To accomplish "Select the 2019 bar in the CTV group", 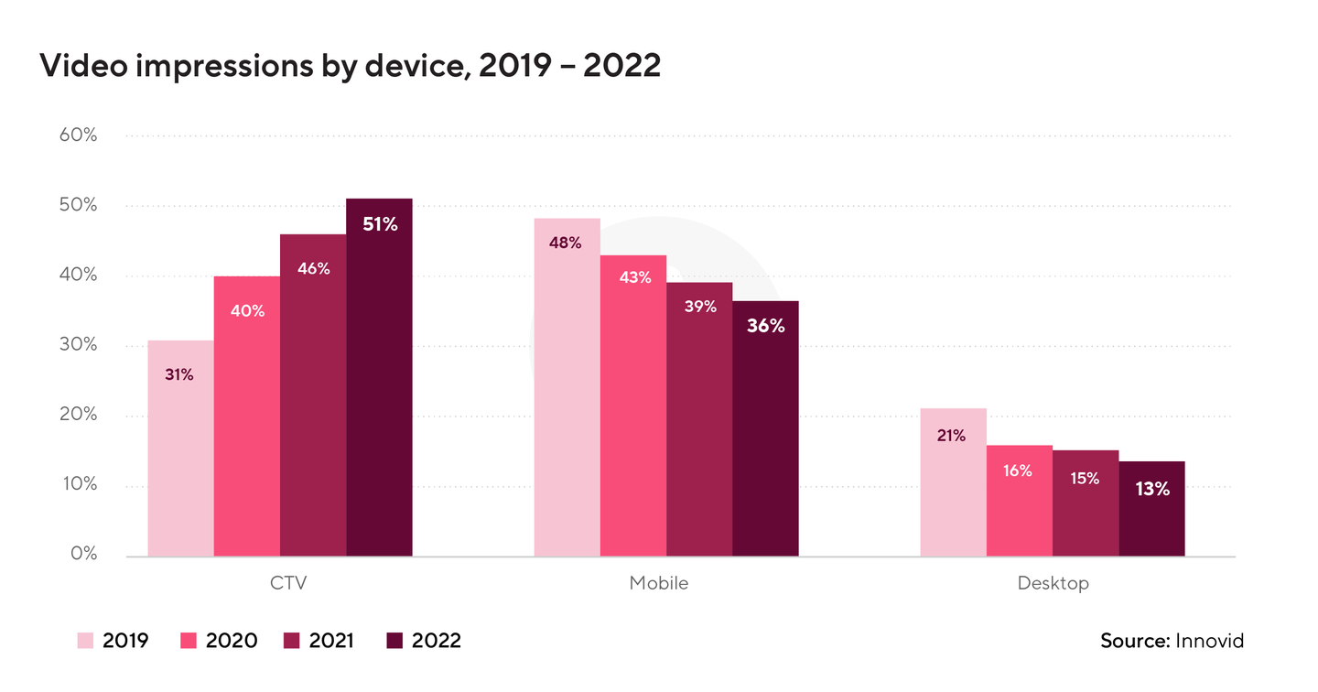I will [x=180, y=448].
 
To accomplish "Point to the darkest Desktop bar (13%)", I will [x=1151, y=508].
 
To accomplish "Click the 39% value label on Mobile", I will [x=700, y=307].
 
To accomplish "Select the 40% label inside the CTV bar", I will [x=247, y=311].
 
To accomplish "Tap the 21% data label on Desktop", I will [x=951, y=436].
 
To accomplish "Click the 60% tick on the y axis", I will [x=79, y=135].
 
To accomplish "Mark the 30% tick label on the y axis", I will [x=79, y=345].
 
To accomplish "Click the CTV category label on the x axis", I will [x=280, y=583].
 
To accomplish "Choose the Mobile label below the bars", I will [x=658, y=583].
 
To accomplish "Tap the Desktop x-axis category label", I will [x=1053, y=583].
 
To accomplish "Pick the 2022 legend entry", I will [x=425, y=641].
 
